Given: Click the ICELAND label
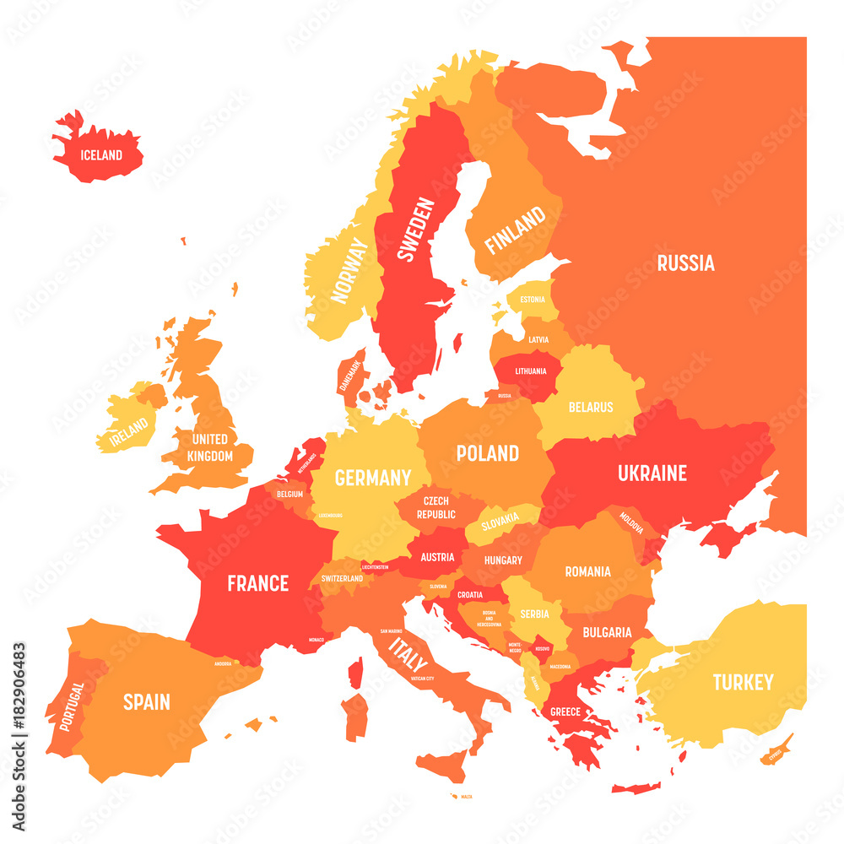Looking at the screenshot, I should coord(101,155).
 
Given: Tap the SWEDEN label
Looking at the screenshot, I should coord(418,230).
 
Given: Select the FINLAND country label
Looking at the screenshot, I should coord(515,230).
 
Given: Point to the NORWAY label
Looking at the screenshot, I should coord(350,270).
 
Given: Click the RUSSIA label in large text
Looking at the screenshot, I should coord(685,263).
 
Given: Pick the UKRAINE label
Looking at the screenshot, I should coord(652,473).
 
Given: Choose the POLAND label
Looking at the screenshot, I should coord(487,453).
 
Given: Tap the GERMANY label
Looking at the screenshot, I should coord(372,478).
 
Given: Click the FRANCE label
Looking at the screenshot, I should coord(257,583).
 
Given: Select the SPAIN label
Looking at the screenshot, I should coord(147,701).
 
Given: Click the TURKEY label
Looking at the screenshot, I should coord(743,682).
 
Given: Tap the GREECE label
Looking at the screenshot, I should coord(565,711).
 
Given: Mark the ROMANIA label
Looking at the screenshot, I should coord(587,571).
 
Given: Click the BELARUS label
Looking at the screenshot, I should coord(591,407).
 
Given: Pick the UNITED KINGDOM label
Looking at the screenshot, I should coord(210,447).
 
